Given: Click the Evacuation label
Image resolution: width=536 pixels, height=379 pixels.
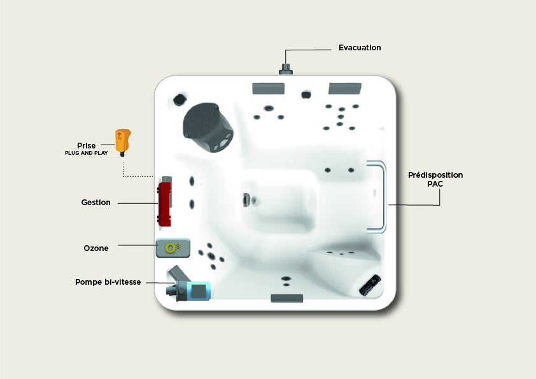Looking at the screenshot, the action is [x=360, y=48].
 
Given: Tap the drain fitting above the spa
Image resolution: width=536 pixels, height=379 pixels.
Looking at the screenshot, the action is [x=286, y=69].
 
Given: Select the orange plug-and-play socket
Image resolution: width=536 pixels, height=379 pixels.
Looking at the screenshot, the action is [x=123, y=142].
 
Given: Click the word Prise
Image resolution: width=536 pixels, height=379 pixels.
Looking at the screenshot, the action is [x=86, y=145].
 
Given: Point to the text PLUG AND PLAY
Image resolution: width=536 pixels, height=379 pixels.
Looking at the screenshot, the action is [x=86, y=153].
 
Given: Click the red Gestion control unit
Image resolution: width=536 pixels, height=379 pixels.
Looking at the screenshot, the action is [x=164, y=204].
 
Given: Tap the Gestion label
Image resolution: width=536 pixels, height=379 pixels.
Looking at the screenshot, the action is [x=95, y=203].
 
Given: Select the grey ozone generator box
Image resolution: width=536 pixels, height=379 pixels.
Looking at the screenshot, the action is [x=173, y=248].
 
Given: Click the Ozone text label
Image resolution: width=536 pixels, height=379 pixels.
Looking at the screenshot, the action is [x=96, y=248].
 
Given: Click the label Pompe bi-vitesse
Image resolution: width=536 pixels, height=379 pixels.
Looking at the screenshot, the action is [x=108, y=282].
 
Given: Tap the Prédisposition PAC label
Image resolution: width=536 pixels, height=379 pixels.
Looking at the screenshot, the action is [x=435, y=180].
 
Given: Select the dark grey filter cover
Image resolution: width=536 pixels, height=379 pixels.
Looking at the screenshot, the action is [x=208, y=127].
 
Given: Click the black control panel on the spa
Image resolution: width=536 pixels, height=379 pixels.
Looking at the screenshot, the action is [x=370, y=285].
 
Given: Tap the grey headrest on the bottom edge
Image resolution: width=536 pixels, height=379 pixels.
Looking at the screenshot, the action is [x=287, y=298].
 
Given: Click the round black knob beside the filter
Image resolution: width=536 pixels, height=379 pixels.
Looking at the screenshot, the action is [x=180, y=99].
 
